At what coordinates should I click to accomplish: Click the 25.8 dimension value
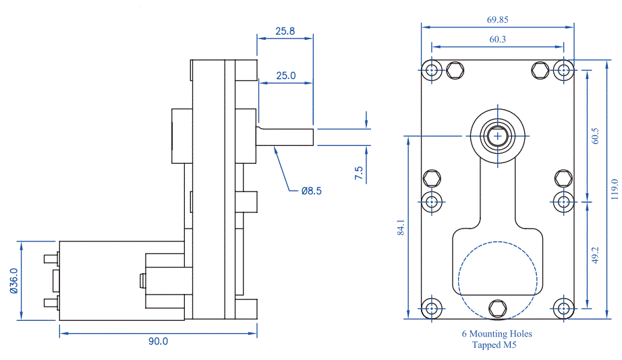285,31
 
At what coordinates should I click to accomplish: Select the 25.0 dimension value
285,76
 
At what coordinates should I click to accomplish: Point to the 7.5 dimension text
358,173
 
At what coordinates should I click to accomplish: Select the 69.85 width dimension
497,20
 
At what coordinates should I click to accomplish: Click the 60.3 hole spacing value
497,40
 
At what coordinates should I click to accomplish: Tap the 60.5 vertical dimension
595,136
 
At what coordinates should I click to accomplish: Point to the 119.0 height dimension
613,190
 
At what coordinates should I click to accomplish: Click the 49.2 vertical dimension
595,255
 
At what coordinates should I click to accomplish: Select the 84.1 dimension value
401,227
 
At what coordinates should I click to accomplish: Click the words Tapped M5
497,344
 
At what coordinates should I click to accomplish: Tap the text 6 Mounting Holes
497,334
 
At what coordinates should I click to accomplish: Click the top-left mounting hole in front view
432,70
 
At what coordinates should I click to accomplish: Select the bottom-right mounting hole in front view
564,308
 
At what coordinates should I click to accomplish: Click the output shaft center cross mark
498,136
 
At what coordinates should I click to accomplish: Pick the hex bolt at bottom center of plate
498,308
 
